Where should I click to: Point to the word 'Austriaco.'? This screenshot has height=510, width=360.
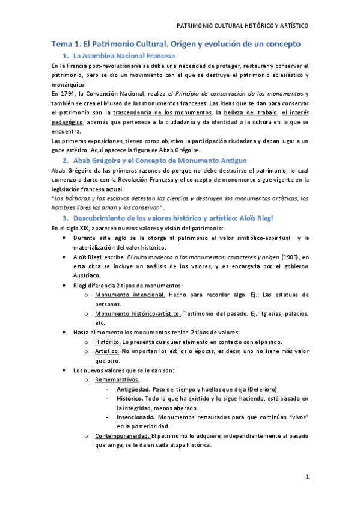(89, 275)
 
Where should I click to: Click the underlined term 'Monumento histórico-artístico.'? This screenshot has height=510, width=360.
(138, 313)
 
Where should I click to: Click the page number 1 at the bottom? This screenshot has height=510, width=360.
(307, 477)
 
